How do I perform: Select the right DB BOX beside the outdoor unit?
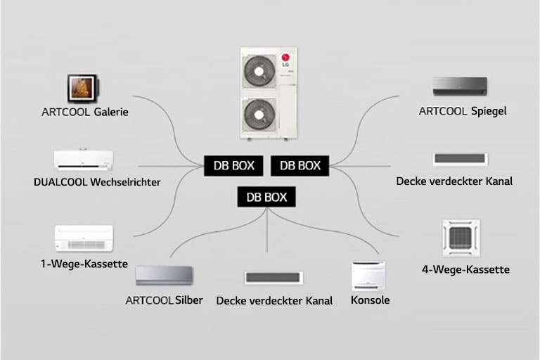(300, 165)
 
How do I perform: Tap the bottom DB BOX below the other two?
(266, 197)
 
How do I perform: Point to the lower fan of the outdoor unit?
(257, 113)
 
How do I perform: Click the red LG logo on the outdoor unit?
(285, 58)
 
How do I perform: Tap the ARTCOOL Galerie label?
(84, 112)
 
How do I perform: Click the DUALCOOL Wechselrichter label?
(97, 182)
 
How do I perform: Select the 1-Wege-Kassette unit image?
(84, 238)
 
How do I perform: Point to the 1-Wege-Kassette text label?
(84, 264)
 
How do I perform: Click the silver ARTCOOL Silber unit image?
(165, 275)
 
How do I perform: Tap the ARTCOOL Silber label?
(164, 300)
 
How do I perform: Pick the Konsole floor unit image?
(369, 276)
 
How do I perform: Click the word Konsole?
(369, 300)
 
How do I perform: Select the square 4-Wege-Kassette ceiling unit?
(461, 238)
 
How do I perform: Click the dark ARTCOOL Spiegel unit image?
(461, 86)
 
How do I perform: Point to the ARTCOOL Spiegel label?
(462, 111)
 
